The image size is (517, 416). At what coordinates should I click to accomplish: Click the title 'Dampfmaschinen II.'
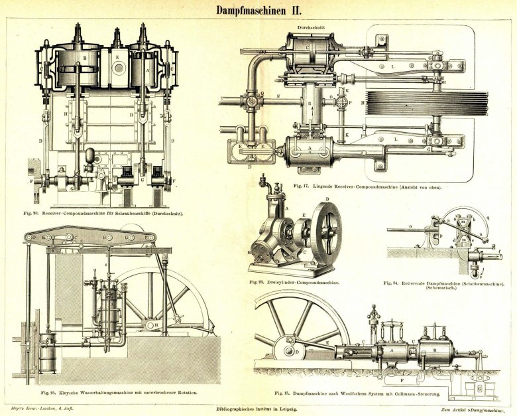point(258,10)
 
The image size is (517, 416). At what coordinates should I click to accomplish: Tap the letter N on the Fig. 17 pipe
point(279,97)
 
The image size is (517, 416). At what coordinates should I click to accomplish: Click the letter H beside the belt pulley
point(363,103)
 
